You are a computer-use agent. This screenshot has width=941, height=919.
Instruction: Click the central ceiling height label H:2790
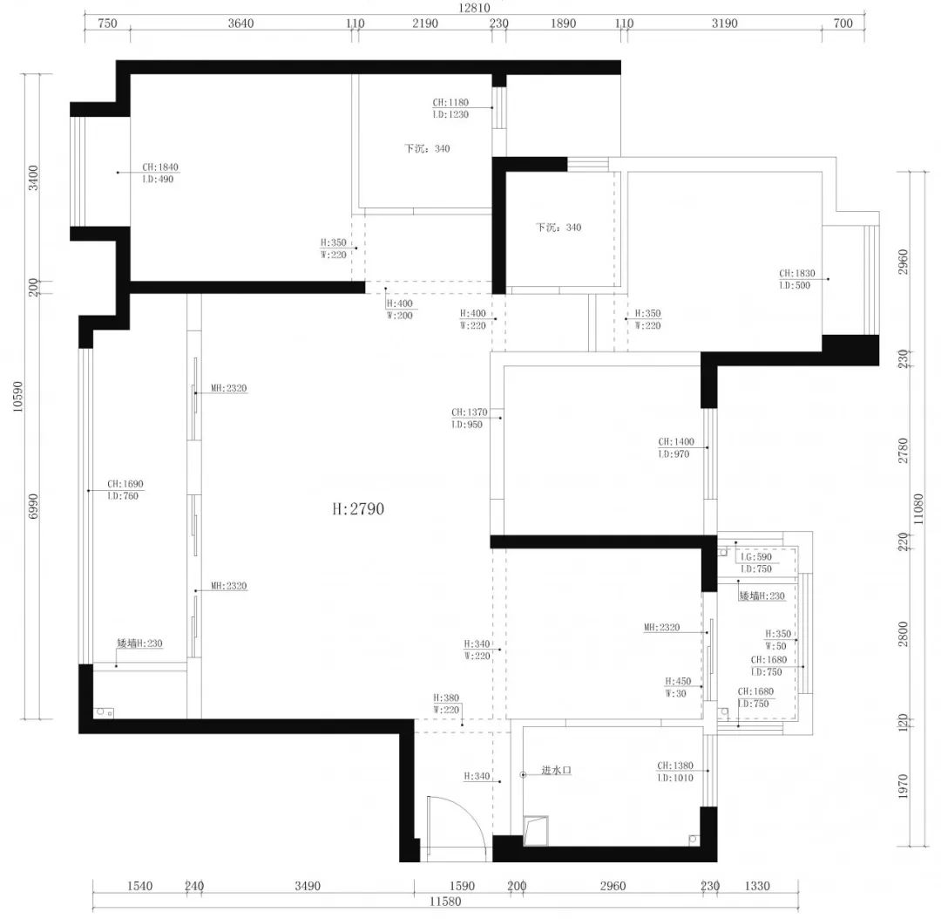(357, 509)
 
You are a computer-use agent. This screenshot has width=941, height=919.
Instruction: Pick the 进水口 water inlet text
(556, 771)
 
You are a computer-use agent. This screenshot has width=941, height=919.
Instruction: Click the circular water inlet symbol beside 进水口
(522, 773)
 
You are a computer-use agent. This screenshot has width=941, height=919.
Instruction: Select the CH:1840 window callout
(160, 167)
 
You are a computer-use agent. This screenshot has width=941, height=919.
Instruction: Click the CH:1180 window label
(450, 102)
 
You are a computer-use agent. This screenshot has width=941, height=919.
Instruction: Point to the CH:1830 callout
(796, 274)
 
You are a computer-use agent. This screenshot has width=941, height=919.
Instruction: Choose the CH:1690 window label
(125, 484)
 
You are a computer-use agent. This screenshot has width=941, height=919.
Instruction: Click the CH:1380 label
(675, 766)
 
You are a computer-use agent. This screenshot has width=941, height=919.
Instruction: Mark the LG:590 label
(755, 557)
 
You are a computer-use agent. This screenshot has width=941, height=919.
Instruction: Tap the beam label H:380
(445, 698)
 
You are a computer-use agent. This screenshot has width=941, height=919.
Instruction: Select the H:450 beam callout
(679, 682)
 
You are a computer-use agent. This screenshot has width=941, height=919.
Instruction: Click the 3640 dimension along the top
(240, 24)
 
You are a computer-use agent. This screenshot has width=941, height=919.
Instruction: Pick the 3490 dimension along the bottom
(307, 886)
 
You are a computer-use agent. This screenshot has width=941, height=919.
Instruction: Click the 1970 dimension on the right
(903, 786)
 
